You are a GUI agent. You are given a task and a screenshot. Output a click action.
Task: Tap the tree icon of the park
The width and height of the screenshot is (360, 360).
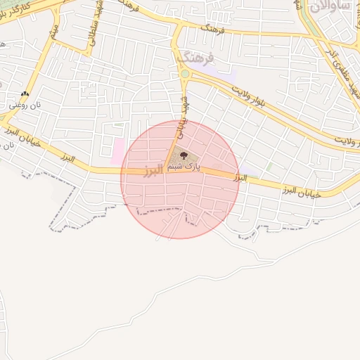pos(184,155)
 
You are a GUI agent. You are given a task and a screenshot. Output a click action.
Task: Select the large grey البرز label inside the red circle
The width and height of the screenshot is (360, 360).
pos(153,171)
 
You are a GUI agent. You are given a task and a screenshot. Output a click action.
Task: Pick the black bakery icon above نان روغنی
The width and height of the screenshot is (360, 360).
pos(26,94)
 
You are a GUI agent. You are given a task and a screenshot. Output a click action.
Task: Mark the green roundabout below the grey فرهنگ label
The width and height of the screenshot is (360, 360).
pos(185,73)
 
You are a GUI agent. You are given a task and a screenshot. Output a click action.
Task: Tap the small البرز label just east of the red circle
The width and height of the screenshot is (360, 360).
pos(240,179)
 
